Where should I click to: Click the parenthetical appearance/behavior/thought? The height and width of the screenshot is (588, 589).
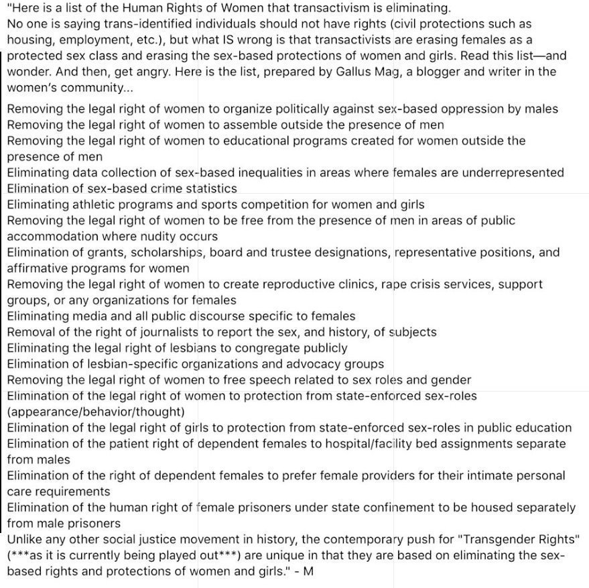click(96, 411)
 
